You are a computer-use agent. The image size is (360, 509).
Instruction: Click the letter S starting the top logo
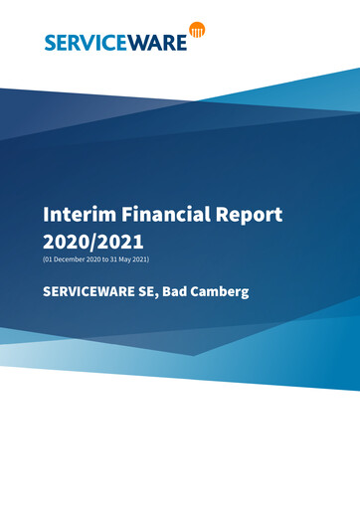point(50,42)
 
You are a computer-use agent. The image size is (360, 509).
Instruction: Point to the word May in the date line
point(123,259)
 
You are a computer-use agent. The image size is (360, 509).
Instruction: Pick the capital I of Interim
point(46,215)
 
